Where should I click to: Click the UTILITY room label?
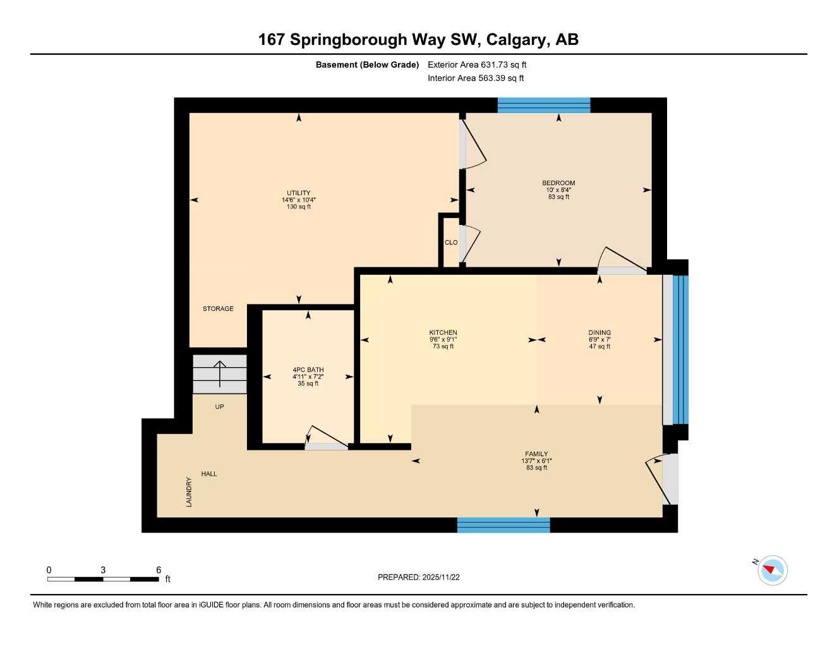pos(298,193)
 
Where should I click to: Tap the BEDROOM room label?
pos(558,183)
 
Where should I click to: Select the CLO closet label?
pos(451,243)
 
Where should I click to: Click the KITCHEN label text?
pos(443,333)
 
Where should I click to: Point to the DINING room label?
pos(599,333)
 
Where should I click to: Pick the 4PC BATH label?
pos(308,370)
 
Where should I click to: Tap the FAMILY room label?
pos(536,454)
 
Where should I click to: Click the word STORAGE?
pos(218,309)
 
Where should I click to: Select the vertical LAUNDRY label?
pos(189,492)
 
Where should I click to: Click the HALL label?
pos(209,474)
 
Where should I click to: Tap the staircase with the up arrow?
pos(219,374)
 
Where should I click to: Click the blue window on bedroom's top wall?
pos(544,106)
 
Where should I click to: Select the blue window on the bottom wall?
pos(503,525)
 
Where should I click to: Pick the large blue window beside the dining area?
pos(680,349)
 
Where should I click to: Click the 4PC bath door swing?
pos(325,437)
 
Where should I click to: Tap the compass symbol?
pos(771,571)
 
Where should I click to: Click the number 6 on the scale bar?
pos(159,570)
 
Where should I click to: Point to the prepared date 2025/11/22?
pos(418,577)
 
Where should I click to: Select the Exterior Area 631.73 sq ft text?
pos(477,64)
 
